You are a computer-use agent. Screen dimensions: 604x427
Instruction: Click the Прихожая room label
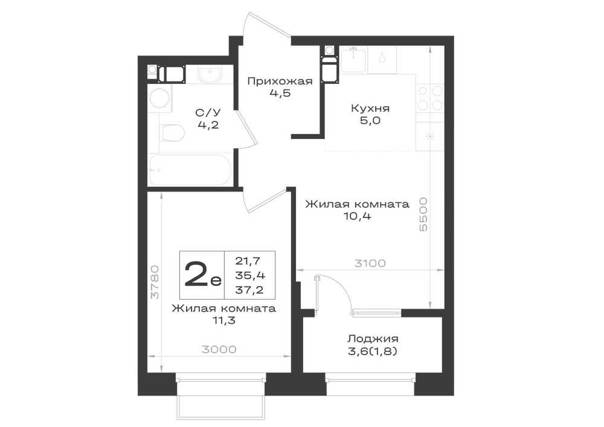pyautogui.click(x=280, y=82)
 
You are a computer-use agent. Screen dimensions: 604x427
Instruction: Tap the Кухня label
pyautogui.click(x=370, y=108)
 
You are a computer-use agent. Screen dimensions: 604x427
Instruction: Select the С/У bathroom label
pyautogui.click(x=208, y=112)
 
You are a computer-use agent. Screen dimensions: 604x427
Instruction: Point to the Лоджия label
pyautogui.click(x=373, y=339)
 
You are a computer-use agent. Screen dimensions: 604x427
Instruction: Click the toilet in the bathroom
pyautogui.click(x=172, y=133)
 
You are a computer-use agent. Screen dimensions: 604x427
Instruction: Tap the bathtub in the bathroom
pyautogui.click(x=190, y=170)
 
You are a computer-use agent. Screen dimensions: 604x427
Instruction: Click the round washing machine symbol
pyautogui.click(x=160, y=98)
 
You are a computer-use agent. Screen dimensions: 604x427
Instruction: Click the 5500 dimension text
pyautogui.click(x=423, y=214)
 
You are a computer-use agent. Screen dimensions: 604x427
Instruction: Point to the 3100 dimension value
pyautogui.click(x=370, y=263)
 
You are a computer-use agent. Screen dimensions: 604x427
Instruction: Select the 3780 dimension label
pyautogui.click(x=155, y=282)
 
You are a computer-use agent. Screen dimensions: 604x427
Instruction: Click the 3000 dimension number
pyautogui.click(x=219, y=349)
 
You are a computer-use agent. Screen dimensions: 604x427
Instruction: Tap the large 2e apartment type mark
pyautogui.click(x=202, y=274)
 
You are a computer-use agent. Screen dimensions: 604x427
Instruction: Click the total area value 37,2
pyautogui.click(x=249, y=289)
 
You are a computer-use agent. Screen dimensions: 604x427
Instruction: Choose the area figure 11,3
pyautogui.click(x=224, y=320)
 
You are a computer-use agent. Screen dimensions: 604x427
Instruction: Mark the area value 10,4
pyautogui.click(x=357, y=216)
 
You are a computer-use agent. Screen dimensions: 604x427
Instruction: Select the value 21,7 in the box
pyautogui.click(x=248, y=262)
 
